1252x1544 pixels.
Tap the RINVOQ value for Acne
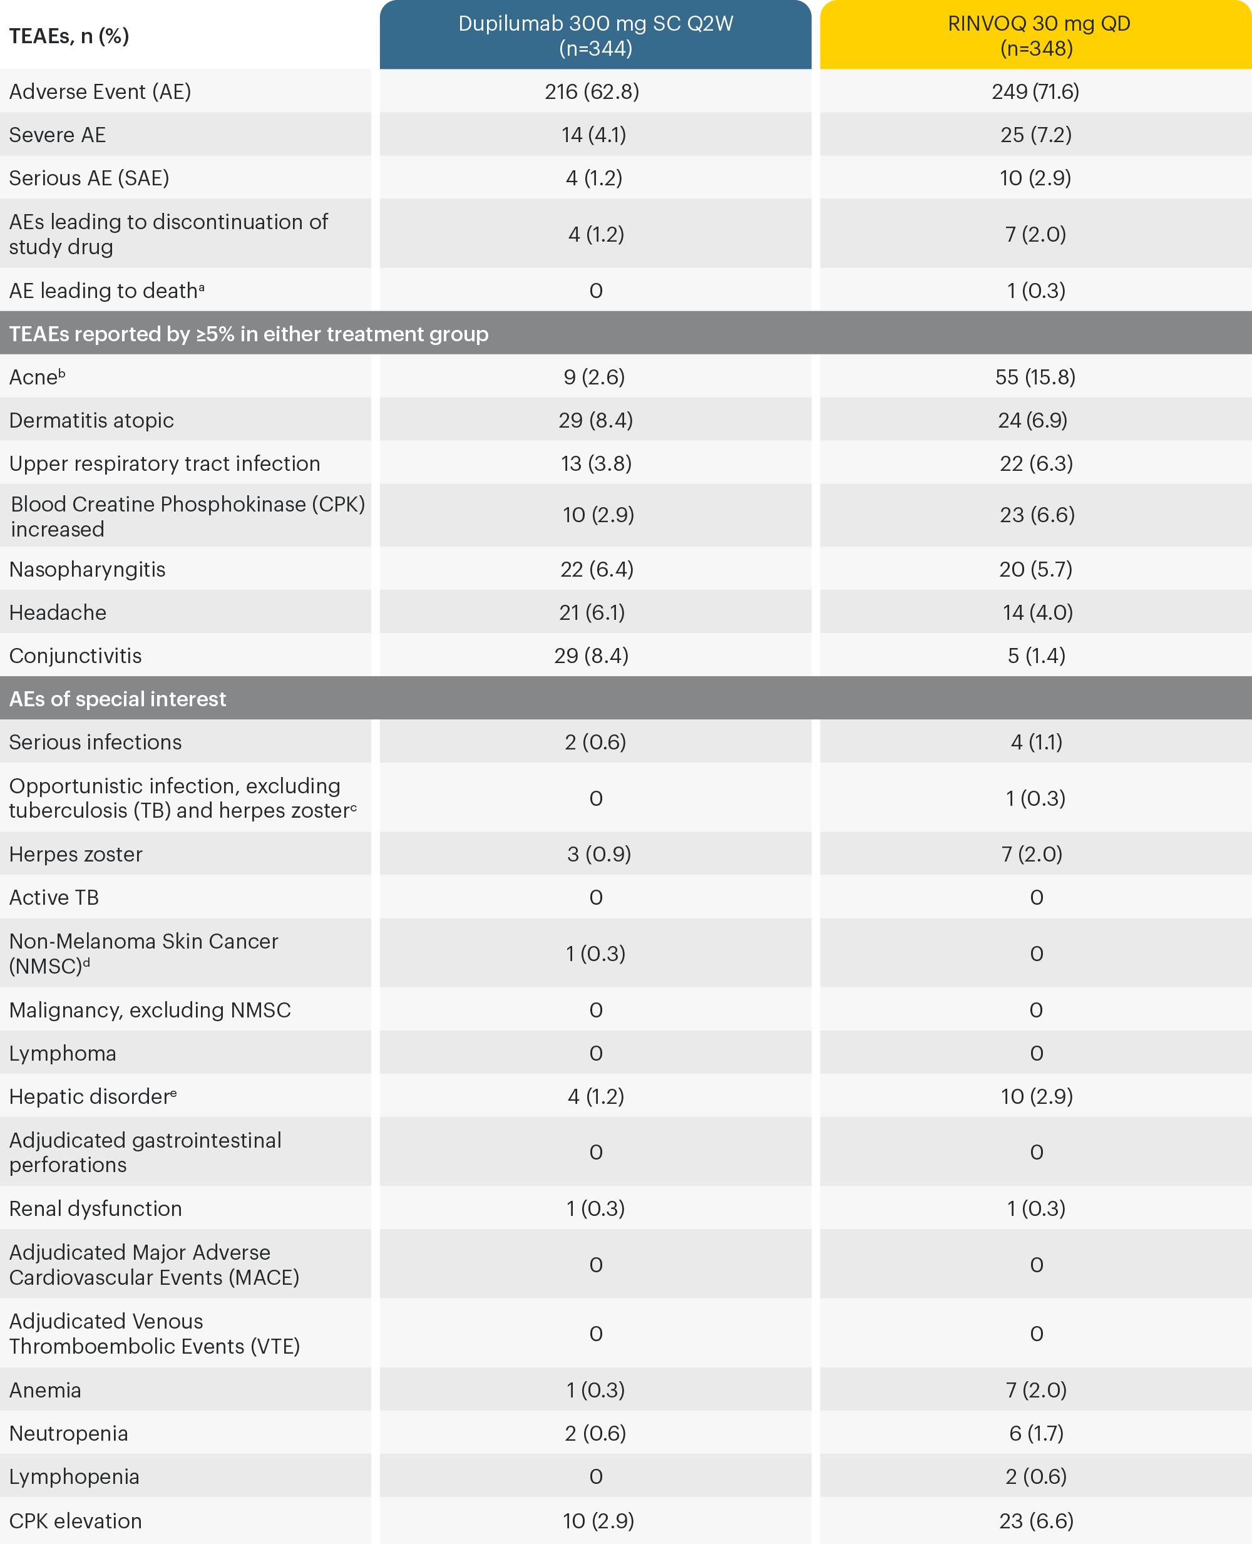(x=1035, y=377)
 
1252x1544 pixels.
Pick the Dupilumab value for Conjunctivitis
(x=592, y=656)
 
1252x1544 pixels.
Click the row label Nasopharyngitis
(x=87, y=569)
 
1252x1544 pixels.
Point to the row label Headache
(x=58, y=612)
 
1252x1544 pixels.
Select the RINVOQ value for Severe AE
(x=1035, y=135)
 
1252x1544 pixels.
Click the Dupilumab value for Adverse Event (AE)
(x=592, y=91)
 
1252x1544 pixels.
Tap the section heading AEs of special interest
(x=118, y=699)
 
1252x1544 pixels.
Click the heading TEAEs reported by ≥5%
(x=249, y=334)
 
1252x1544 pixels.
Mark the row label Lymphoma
(x=63, y=1053)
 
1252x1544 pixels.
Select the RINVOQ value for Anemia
(x=1035, y=1390)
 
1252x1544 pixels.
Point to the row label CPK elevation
(x=76, y=1521)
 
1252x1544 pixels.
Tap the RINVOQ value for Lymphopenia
(x=1035, y=1476)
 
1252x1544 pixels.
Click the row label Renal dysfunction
(x=95, y=1208)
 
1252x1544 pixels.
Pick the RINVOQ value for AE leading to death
(x=1035, y=291)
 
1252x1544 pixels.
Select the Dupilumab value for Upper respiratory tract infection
(x=596, y=464)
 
